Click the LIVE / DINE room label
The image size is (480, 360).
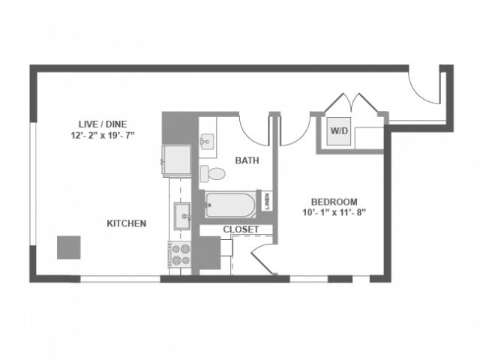click(99, 124)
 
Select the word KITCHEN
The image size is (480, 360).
click(126, 223)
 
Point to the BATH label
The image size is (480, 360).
click(247, 160)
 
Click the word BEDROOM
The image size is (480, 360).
click(334, 201)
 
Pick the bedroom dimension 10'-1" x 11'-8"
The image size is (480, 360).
click(334, 212)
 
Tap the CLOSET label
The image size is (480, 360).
click(241, 229)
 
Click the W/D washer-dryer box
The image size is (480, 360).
click(340, 132)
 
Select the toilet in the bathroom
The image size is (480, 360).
click(214, 174)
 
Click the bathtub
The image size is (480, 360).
click(231, 204)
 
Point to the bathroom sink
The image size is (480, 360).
click(208, 141)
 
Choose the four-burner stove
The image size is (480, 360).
click(181, 255)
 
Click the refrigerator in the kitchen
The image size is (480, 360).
click(178, 157)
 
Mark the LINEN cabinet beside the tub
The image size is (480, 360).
click(267, 201)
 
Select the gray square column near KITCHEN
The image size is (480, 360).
click(69, 247)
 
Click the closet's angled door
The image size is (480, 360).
click(262, 259)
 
